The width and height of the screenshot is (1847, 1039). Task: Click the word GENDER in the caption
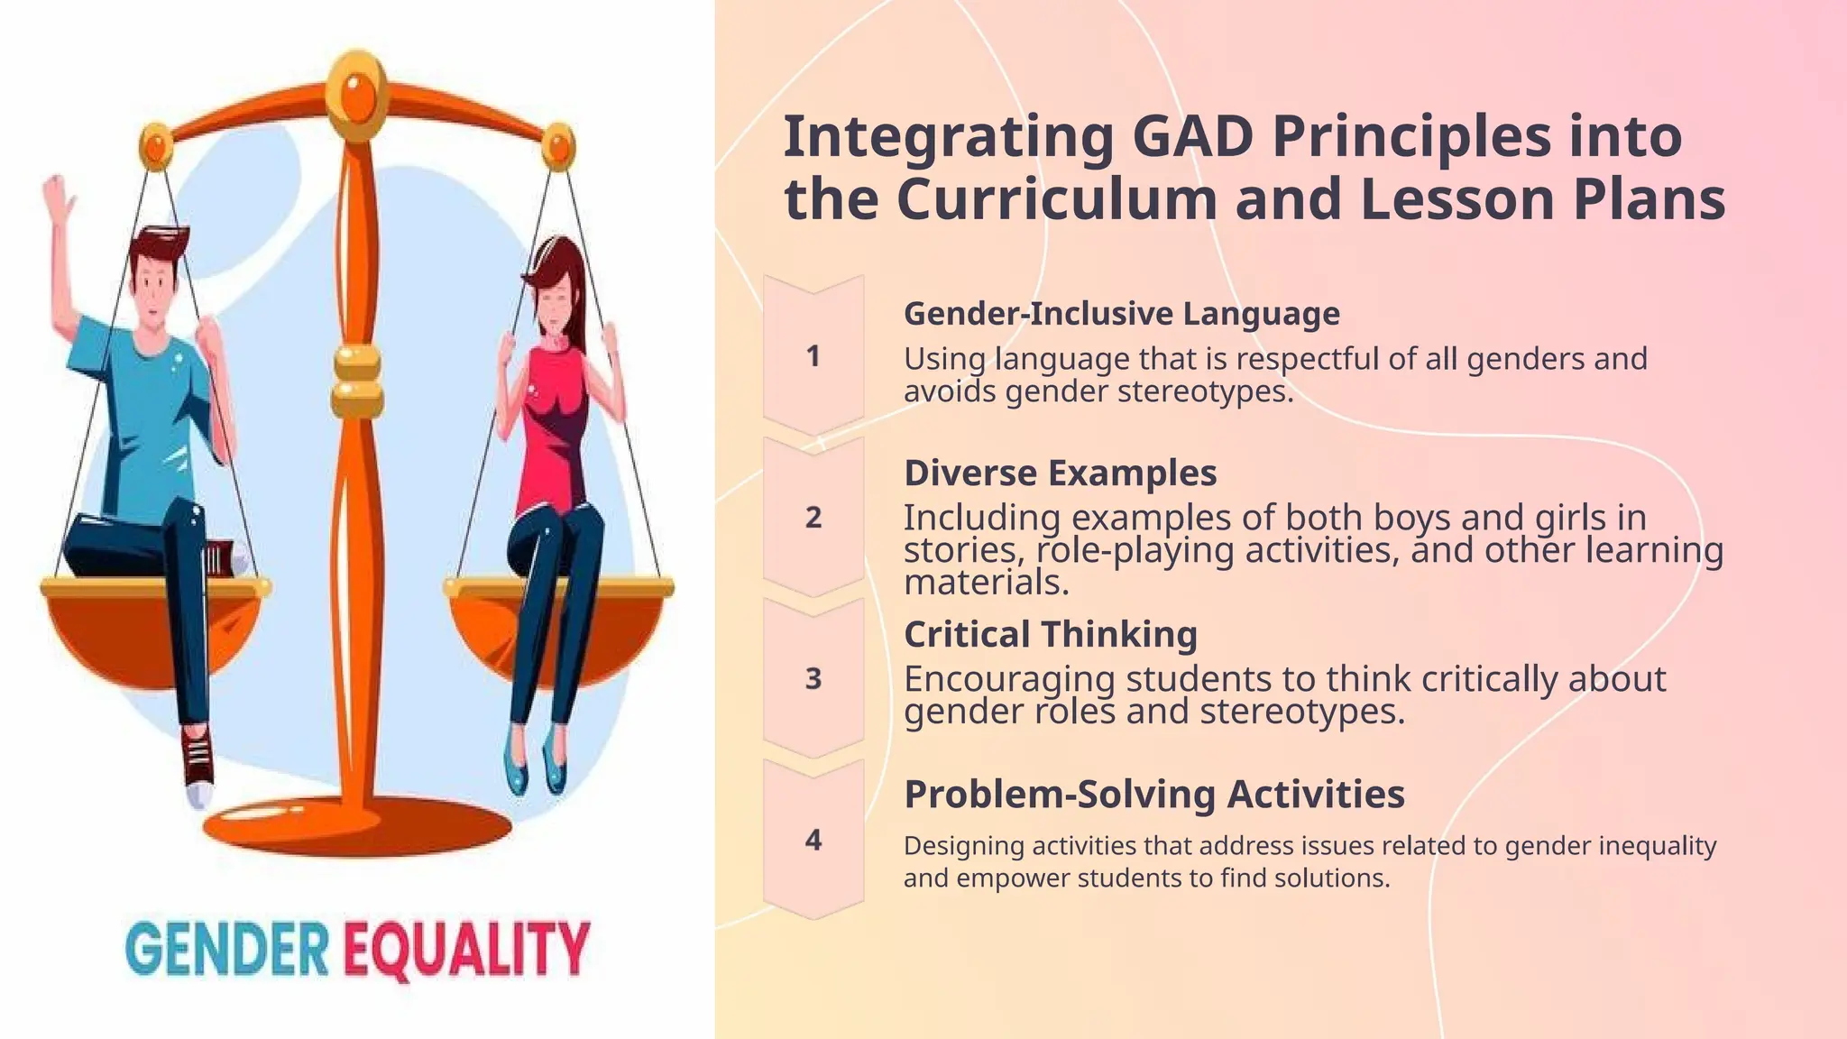227,950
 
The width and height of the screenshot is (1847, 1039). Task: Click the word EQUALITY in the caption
467,950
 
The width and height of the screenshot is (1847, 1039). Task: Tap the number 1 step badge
813,355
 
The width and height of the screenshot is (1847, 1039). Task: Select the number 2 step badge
813,517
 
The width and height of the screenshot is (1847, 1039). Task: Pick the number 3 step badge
813,678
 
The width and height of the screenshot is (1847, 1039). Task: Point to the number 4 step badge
813,840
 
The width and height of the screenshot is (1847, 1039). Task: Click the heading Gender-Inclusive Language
1121,314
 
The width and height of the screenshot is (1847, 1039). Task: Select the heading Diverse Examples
1060,473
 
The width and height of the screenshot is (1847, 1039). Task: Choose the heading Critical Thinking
1050,634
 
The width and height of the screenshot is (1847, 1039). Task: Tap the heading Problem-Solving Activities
1153,795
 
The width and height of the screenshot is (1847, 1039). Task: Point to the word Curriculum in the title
1056,199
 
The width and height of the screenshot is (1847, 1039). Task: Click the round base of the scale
357,825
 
